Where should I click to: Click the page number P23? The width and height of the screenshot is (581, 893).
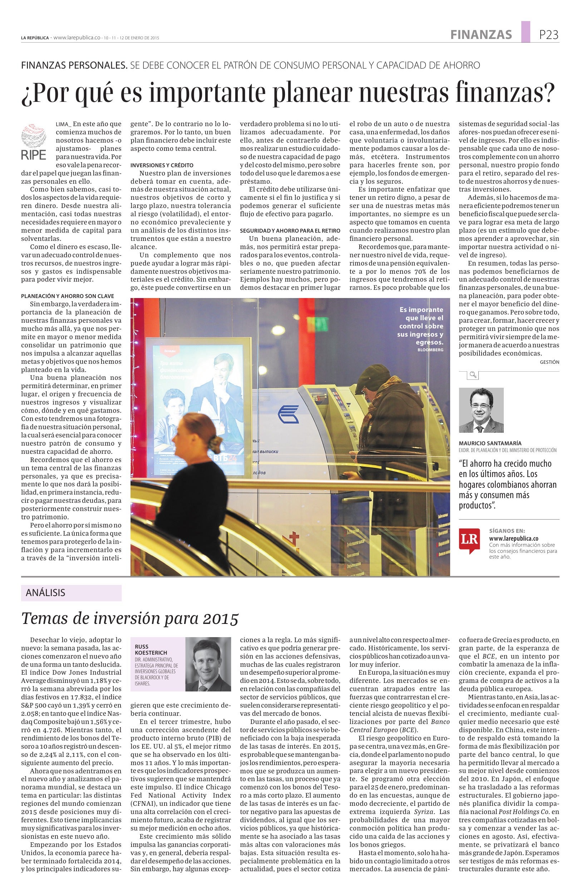(x=548, y=35)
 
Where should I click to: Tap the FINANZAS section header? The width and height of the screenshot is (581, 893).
(x=481, y=35)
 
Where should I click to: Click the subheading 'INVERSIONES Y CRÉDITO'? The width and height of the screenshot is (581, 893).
(x=162, y=165)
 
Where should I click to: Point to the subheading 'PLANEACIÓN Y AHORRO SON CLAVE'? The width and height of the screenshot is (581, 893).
(x=68, y=296)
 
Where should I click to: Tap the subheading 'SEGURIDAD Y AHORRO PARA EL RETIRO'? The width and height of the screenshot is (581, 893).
(x=290, y=230)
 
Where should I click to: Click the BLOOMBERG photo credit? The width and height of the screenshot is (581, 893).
(x=430, y=350)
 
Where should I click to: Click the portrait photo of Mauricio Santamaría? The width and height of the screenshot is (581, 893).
(x=481, y=411)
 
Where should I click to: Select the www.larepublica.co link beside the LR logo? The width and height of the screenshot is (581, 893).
(x=513, y=539)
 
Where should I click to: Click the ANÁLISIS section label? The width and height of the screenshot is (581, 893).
(x=45, y=593)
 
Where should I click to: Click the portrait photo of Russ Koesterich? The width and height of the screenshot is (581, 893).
(x=208, y=665)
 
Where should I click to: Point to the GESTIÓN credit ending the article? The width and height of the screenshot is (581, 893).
(x=549, y=362)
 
